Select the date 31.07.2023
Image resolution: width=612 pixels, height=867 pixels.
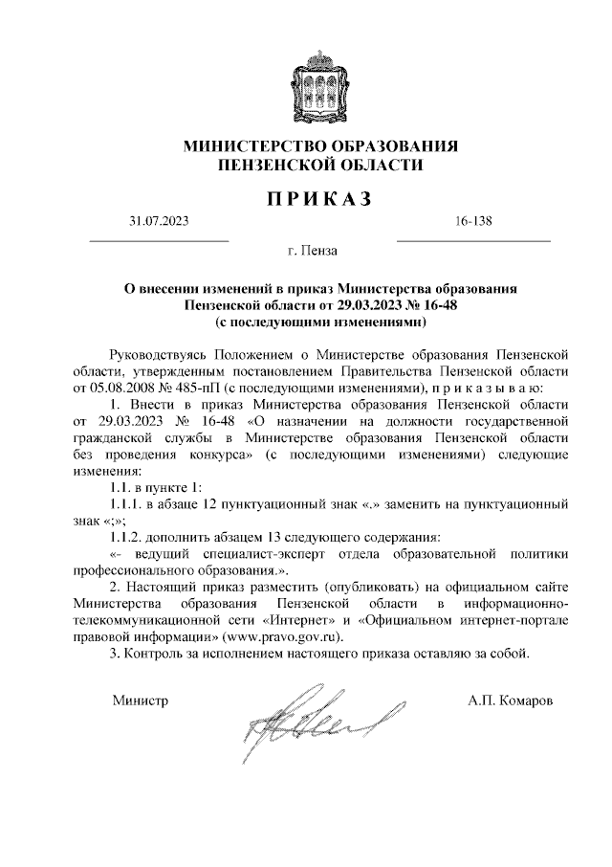click(159, 223)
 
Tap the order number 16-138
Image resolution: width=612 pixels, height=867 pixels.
click(473, 223)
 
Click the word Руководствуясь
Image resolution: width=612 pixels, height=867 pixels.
click(159, 355)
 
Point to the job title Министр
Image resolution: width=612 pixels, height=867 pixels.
click(140, 701)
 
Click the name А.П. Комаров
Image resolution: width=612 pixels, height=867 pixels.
click(510, 701)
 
